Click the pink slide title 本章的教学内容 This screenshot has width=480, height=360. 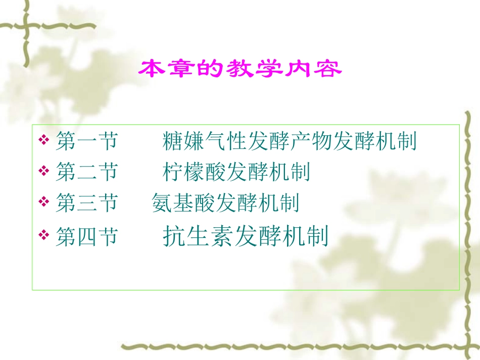(x=240, y=69)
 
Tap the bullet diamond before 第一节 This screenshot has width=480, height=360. (x=44, y=140)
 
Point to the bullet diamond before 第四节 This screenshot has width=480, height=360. (x=44, y=235)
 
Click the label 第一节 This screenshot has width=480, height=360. (x=86, y=141)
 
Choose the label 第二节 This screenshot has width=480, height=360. (x=86, y=173)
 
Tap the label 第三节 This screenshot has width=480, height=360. (x=86, y=203)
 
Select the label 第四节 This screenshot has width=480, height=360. (x=86, y=236)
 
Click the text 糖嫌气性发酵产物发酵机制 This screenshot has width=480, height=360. (x=290, y=141)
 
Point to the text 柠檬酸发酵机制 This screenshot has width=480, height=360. (x=236, y=173)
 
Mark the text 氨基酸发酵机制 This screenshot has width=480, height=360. (x=225, y=203)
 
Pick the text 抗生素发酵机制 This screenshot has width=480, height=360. (x=246, y=236)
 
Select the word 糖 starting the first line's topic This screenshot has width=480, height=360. (x=173, y=141)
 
